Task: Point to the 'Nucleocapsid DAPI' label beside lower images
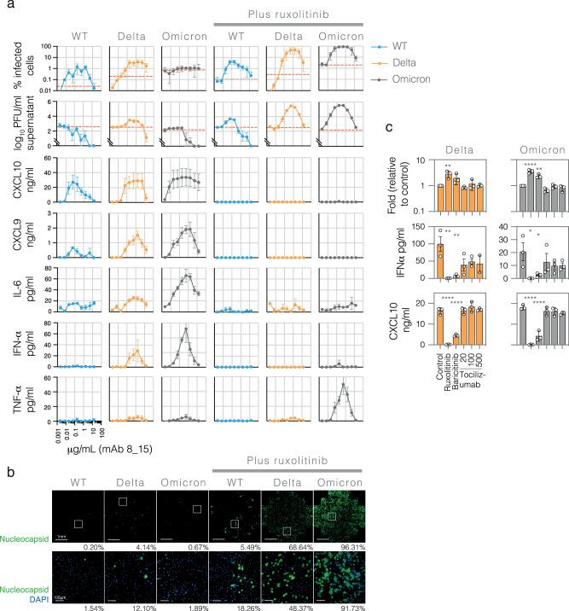(23, 560)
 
